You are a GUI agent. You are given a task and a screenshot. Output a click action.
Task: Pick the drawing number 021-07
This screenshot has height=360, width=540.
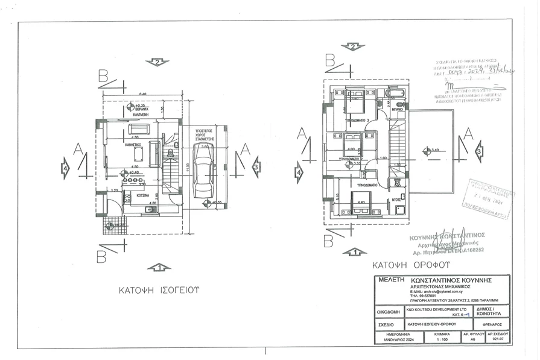pyautogui.click(x=498, y=339)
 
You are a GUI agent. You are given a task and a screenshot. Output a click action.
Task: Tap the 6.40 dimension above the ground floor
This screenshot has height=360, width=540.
pyautogui.click(x=143, y=95)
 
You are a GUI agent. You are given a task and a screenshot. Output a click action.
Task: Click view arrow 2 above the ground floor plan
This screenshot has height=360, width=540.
pyautogui.click(x=157, y=62)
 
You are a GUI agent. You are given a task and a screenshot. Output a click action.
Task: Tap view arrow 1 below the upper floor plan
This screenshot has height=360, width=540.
pyautogui.click(x=354, y=251)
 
